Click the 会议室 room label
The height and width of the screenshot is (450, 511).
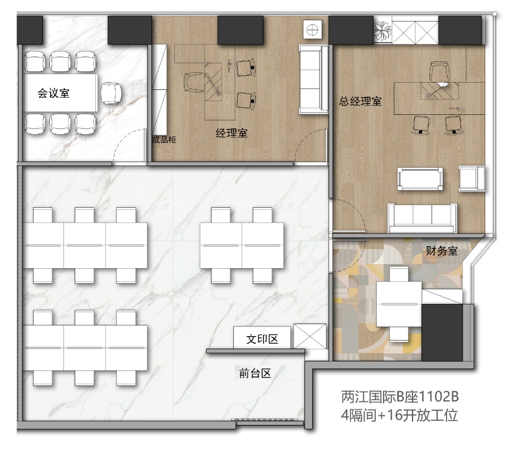(x=54, y=93)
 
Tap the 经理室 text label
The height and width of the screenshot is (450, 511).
(x=231, y=133)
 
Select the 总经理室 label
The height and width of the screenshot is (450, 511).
(x=360, y=101)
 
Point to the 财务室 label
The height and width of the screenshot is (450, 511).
(x=442, y=251)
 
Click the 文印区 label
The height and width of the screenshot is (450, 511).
(x=262, y=339)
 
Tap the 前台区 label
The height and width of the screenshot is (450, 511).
(x=255, y=373)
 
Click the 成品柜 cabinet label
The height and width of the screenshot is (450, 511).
(x=164, y=140)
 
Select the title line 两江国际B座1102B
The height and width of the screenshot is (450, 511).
(x=400, y=397)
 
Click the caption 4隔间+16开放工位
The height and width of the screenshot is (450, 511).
(x=399, y=415)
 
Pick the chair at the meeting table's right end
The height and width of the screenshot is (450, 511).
(x=111, y=93)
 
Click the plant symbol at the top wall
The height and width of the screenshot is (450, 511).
(x=382, y=30)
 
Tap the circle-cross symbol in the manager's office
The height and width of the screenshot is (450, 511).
(x=312, y=30)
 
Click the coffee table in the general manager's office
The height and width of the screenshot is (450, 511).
(x=420, y=178)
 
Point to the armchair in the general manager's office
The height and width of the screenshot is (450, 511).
(x=472, y=178)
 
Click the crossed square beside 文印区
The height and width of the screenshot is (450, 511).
(x=309, y=336)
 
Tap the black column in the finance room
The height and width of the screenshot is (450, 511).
(x=442, y=332)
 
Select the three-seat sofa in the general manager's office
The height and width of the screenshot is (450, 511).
(x=422, y=218)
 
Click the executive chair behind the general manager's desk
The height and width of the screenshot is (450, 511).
(x=440, y=72)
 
